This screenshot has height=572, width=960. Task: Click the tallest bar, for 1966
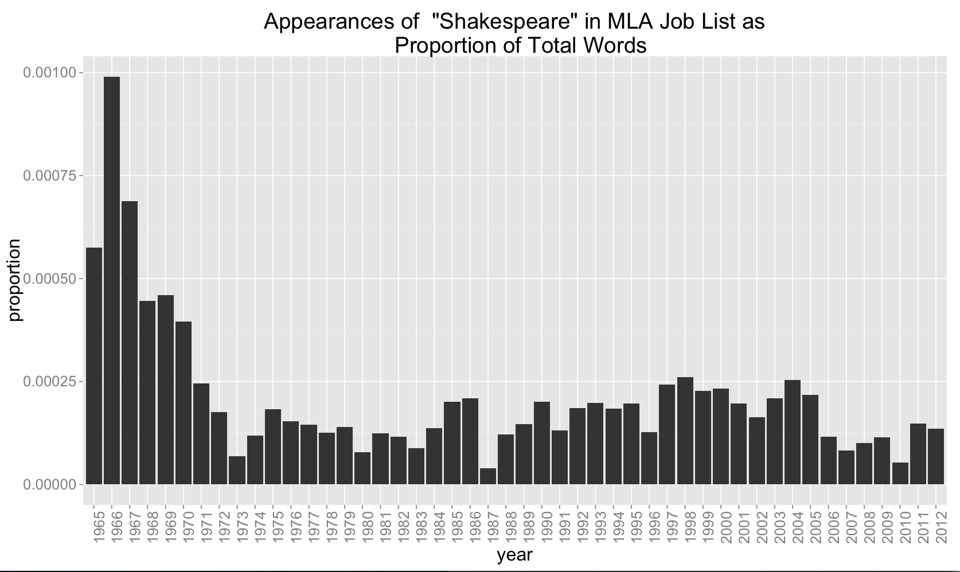click(x=112, y=280)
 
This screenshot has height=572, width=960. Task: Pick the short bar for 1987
click(x=488, y=476)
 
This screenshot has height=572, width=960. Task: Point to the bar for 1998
click(x=685, y=430)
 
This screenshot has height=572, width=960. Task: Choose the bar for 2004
click(x=793, y=432)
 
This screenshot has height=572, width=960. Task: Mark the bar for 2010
click(x=900, y=473)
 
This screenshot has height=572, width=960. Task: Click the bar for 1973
click(x=237, y=470)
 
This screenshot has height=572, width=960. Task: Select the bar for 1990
click(x=542, y=443)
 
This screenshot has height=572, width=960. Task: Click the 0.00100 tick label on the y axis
click(x=49, y=72)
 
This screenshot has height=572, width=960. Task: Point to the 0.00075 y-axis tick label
click(x=49, y=175)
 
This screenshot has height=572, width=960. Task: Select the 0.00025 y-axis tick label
click(x=49, y=382)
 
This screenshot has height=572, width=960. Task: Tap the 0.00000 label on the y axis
click(x=49, y=485)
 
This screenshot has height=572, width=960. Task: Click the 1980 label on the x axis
click(x=362, y=523)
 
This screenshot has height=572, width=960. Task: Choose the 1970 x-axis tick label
click(x=184, y=523)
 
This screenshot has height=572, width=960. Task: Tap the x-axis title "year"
click(x=514, y=555)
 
